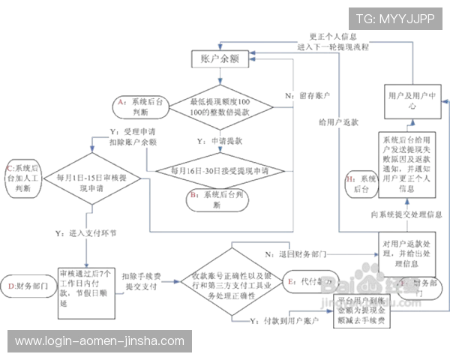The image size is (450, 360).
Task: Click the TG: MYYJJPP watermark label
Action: coord(398,17)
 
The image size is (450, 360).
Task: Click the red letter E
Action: coord(290,280)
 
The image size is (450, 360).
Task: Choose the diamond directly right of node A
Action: coord(223,103)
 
